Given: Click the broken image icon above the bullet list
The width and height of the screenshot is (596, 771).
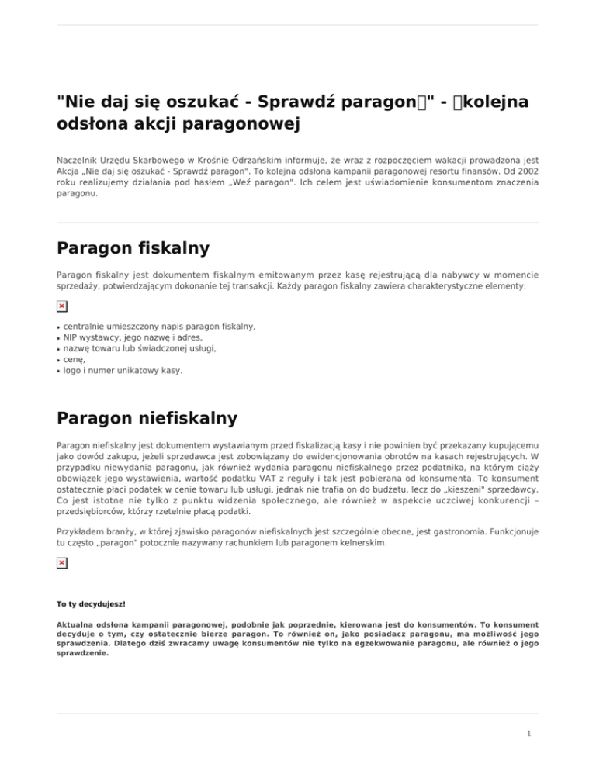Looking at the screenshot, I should click(x=62, y=307).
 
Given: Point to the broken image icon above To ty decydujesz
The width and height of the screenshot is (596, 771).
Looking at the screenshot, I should click(x=62, y=540).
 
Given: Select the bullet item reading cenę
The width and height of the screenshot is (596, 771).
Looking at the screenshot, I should click(x=76, y=360).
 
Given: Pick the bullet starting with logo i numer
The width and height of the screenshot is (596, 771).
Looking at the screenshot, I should click(x=123, y=371).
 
